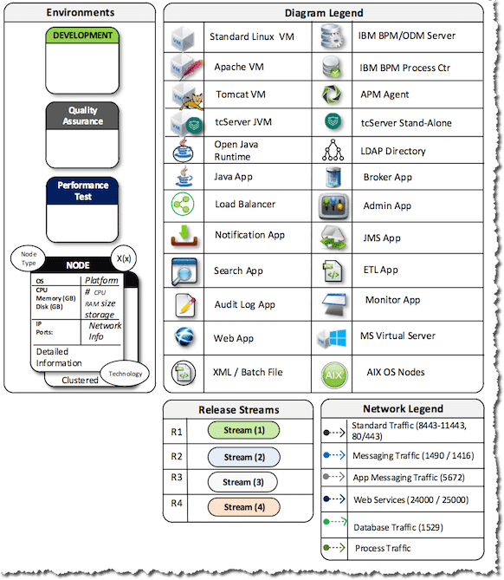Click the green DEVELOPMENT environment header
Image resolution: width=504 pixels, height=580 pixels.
click(x=82, y=36)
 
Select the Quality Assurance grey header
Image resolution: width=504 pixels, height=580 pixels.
click(x=82, y=116)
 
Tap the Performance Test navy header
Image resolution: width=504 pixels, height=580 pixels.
click(x=82, y=191)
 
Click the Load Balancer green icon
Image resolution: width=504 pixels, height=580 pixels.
click(x=184, y=205)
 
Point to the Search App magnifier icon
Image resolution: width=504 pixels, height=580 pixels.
click(x=184, y=270)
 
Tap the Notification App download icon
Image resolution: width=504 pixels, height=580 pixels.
click(x=184, y=236)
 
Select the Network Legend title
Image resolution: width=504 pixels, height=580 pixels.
click(x=402, y=408)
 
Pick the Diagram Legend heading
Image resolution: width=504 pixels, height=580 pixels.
click(x=324, y=13)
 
